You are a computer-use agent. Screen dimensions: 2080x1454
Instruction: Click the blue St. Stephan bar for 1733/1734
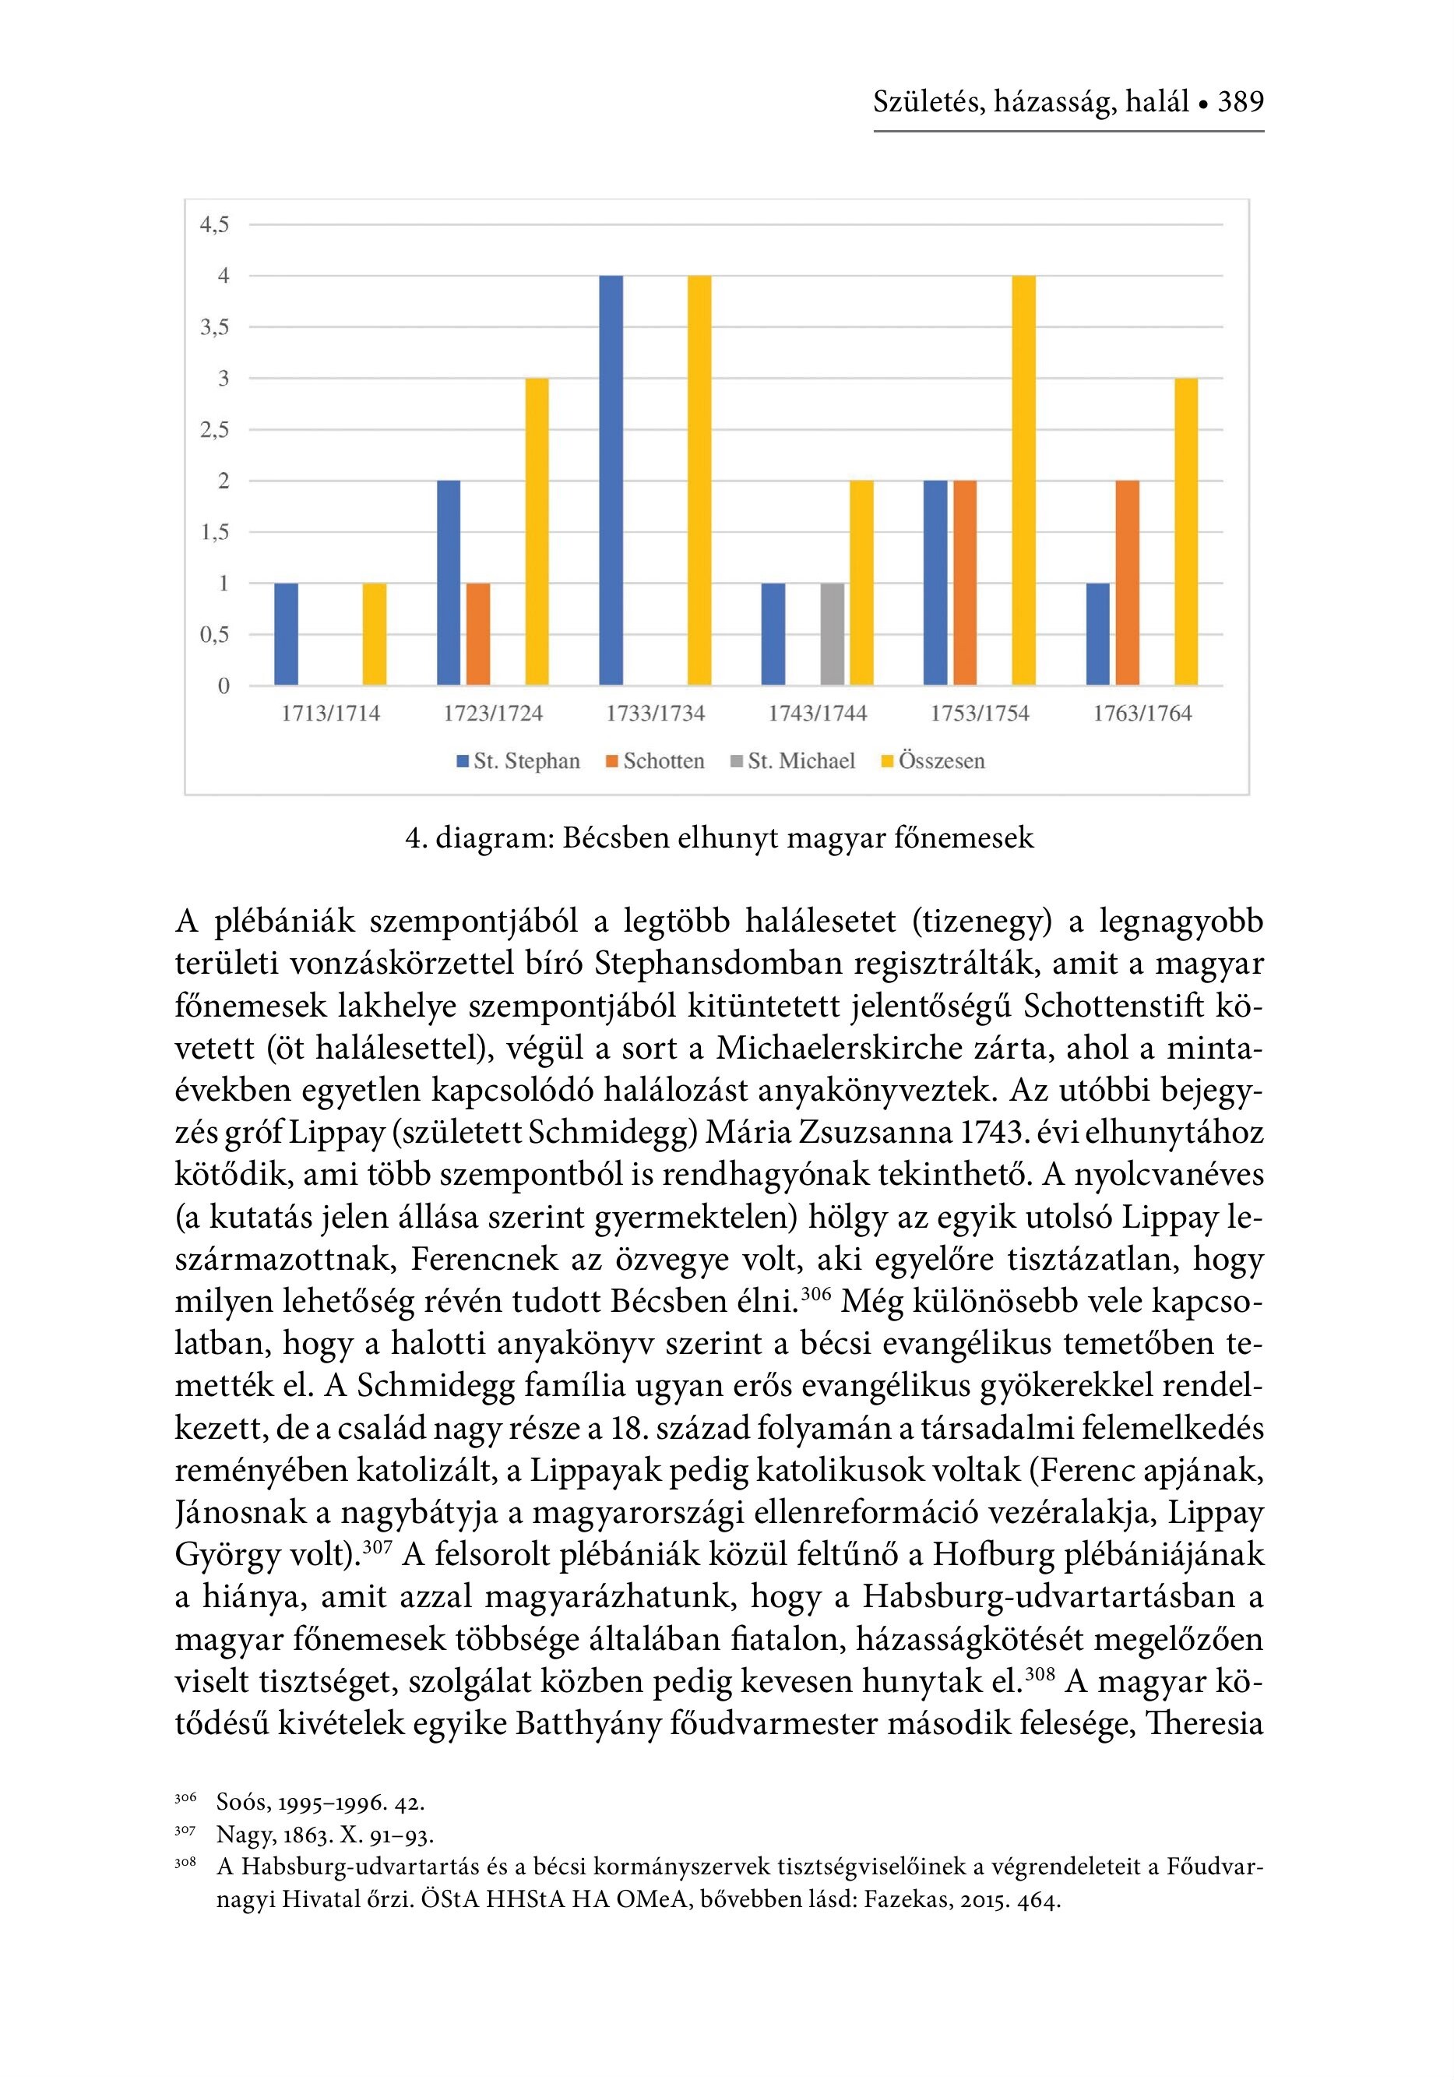coord(611,480)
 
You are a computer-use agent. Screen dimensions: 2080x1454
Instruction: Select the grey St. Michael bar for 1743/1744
coord(832,634)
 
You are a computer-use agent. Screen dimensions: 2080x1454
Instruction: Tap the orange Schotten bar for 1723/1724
coord(477,634)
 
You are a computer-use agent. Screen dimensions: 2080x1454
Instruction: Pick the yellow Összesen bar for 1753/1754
coord(1023,480)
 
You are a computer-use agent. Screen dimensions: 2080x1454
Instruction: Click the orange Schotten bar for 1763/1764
coord(1127,583)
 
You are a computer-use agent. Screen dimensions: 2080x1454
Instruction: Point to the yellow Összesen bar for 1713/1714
coord(374,634)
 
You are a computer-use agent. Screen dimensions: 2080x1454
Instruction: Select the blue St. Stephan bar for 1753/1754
coord(935,583)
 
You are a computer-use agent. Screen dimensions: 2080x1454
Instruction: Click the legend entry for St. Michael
coord(793,761)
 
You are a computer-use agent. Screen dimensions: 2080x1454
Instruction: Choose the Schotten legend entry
coord(655,761)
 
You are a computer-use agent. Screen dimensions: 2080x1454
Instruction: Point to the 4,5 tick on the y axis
coord(215,224)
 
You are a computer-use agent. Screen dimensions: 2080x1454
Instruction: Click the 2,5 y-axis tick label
coord(215,429)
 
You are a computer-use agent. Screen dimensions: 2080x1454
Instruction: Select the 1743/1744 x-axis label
coord(817,714)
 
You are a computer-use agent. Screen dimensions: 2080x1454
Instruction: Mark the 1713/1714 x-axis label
coord(331,714)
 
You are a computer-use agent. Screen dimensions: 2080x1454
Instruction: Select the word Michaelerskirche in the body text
coord(837,1048)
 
